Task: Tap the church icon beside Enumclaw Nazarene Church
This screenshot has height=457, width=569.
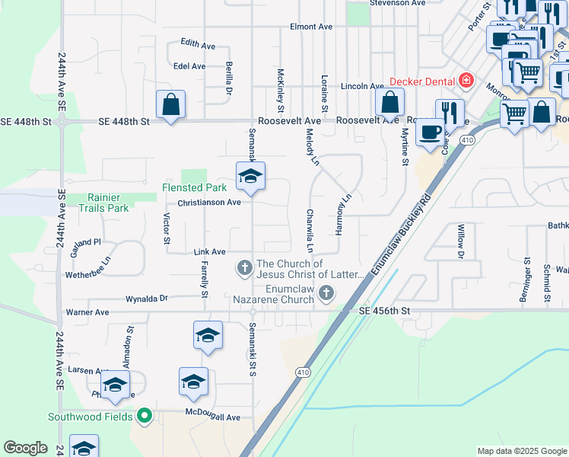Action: click(326, 293)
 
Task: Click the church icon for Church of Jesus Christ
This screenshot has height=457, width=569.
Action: click(244, 268)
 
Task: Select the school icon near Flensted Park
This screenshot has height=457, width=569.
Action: click(250, 177)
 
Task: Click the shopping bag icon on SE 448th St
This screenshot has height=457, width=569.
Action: click(171, 105)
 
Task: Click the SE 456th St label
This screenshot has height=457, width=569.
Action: click(384, 311)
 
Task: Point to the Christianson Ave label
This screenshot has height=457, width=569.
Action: click(209, 203)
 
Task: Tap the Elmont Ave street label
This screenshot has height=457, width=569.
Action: click(311, 27)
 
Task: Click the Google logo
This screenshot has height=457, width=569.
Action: click(26, 448)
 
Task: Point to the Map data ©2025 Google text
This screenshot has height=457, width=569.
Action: click(521, 451)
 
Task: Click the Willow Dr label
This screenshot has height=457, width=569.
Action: click(460, 241)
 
